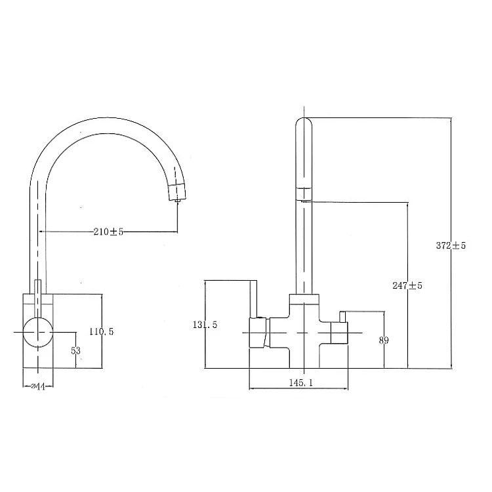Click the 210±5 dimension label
pos(108,232)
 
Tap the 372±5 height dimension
pos(451,245)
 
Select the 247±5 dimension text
pos(407,285)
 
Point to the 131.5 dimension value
pos(205,325)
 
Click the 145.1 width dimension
pos(300,382)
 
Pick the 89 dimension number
pos(384,340)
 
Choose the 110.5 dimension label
pos(101,331)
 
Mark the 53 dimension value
pos(75,350)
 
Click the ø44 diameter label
pos(38,386)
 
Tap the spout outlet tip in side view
pos(178,201)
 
